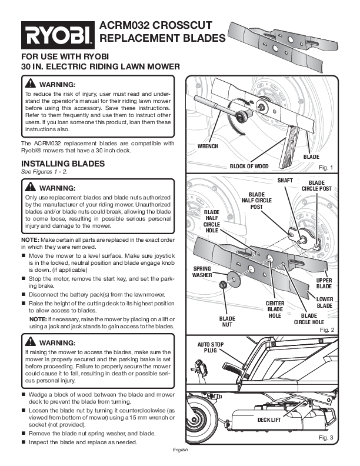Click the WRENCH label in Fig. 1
(207, 146)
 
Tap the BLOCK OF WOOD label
(249, 167)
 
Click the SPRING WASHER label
(202, 272)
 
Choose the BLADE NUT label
(227, 321)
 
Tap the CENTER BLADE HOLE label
(275, 309)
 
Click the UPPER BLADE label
(324, 283)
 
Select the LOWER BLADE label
(325, 302)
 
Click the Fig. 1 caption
(325, 168)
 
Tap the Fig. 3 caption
(325, 438)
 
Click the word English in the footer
(180, 450)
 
